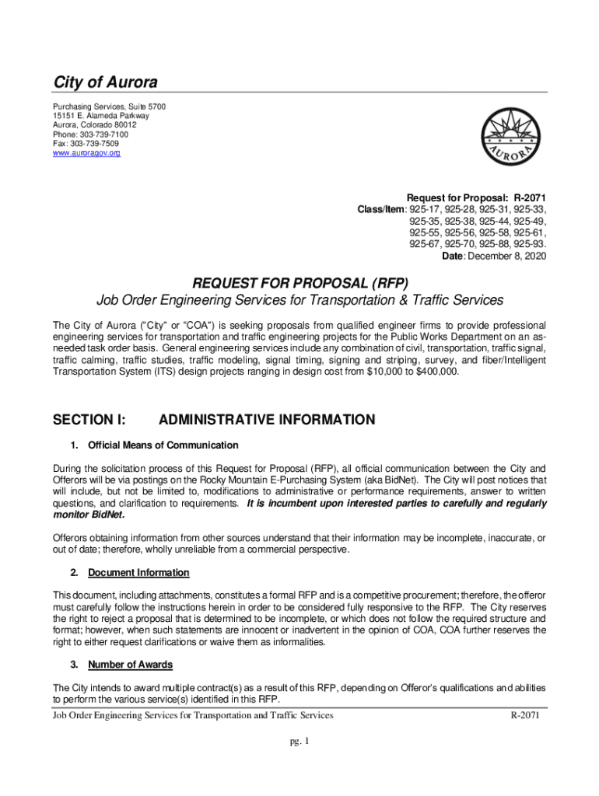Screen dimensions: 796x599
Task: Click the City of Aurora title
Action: pyautogui.click(x=104, y=82)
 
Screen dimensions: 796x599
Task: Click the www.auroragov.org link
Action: pyautogui.click(x=86, y=153)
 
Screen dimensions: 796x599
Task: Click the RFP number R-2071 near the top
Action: pyautogui.click(x=529, y=197)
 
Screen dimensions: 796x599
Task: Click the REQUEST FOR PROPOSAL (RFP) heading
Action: pyautogui.click(x=299, y=281)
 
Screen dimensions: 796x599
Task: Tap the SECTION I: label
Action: pyautogui.click(x=89, y=420)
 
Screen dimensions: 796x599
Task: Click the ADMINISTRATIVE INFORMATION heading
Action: pyautogui.click(x=266, y=420)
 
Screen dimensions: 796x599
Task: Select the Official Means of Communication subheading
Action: pyautogui.click(x=163, y=445)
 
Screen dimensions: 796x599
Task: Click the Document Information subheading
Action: pyautogui.click(x=138, y=573)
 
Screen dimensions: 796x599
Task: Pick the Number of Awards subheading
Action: pyautogui.click(x=130, y=665)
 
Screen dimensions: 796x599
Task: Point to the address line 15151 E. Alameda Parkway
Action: pyautogui.click(x=100, y=116)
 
